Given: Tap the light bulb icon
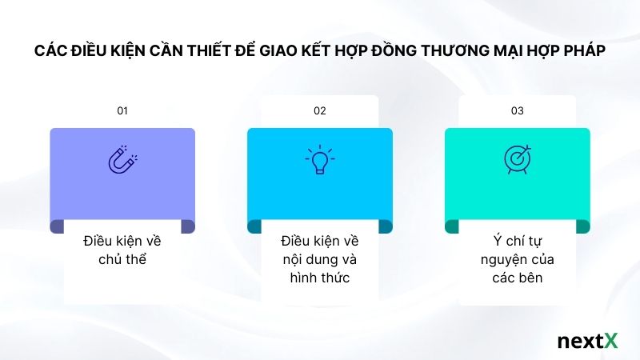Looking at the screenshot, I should (320, 159).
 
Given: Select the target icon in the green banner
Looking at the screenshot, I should (517, 158).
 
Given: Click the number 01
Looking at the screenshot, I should (122, 111).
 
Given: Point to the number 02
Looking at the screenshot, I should (320, 111).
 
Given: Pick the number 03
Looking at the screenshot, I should (517, 111).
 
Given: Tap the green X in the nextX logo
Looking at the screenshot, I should (610, 341).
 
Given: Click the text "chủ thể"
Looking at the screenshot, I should (122, 259).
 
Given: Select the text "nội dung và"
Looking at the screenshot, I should (320, 259).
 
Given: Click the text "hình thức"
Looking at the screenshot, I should (320, 278).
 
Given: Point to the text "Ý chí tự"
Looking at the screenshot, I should (517, 240).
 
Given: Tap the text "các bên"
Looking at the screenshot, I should (517, 278).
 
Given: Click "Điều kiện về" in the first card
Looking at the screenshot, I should (122, 240).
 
